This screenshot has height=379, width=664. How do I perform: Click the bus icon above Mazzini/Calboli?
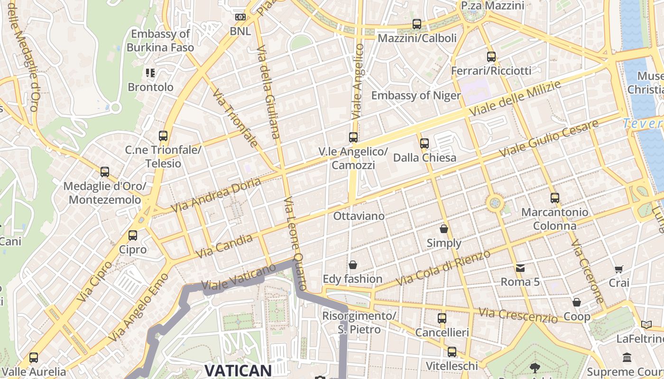[417, 24]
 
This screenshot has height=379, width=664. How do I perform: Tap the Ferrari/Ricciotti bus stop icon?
[491, 57]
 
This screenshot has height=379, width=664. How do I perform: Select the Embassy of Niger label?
[415, 96]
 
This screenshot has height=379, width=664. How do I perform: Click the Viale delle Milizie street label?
[515, 99]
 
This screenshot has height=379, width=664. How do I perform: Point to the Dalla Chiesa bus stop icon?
[424, 143]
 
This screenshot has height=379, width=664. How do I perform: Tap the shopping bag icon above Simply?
[444, 229]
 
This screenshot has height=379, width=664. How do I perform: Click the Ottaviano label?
[359, 216]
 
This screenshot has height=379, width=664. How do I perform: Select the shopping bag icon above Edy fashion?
[353, 265]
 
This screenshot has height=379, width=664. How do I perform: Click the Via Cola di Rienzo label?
[443, 268]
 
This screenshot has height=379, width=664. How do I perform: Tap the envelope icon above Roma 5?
[520, 268]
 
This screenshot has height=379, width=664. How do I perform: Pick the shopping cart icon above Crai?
[619, 270]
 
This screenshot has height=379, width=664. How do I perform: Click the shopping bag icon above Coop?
[577, 302]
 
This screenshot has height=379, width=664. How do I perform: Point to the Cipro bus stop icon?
[133, 235]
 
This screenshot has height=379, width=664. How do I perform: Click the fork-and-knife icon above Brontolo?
[150, 73]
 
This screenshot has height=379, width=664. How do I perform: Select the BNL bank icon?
[240, 17]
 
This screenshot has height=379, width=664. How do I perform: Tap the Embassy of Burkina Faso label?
[160, 41]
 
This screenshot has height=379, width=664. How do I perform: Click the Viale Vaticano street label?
[239, 277]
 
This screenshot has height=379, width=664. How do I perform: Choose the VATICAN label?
[238, 370]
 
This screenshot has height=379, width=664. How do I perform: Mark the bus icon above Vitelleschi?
[452, 352]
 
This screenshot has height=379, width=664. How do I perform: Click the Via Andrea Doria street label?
[216, 195]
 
